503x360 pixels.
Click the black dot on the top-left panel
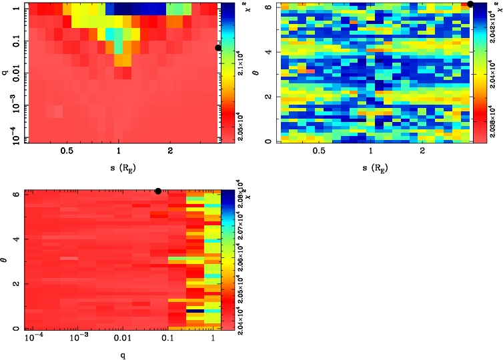(x=218, y=47)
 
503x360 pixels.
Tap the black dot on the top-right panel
(x=470, y=4)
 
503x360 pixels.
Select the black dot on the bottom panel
(x=158, y=191)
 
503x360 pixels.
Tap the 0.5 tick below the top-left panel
(x=67, y=151)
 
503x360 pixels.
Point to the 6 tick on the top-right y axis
(x=268, y=6)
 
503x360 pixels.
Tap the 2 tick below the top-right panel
(x=423, y=151)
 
